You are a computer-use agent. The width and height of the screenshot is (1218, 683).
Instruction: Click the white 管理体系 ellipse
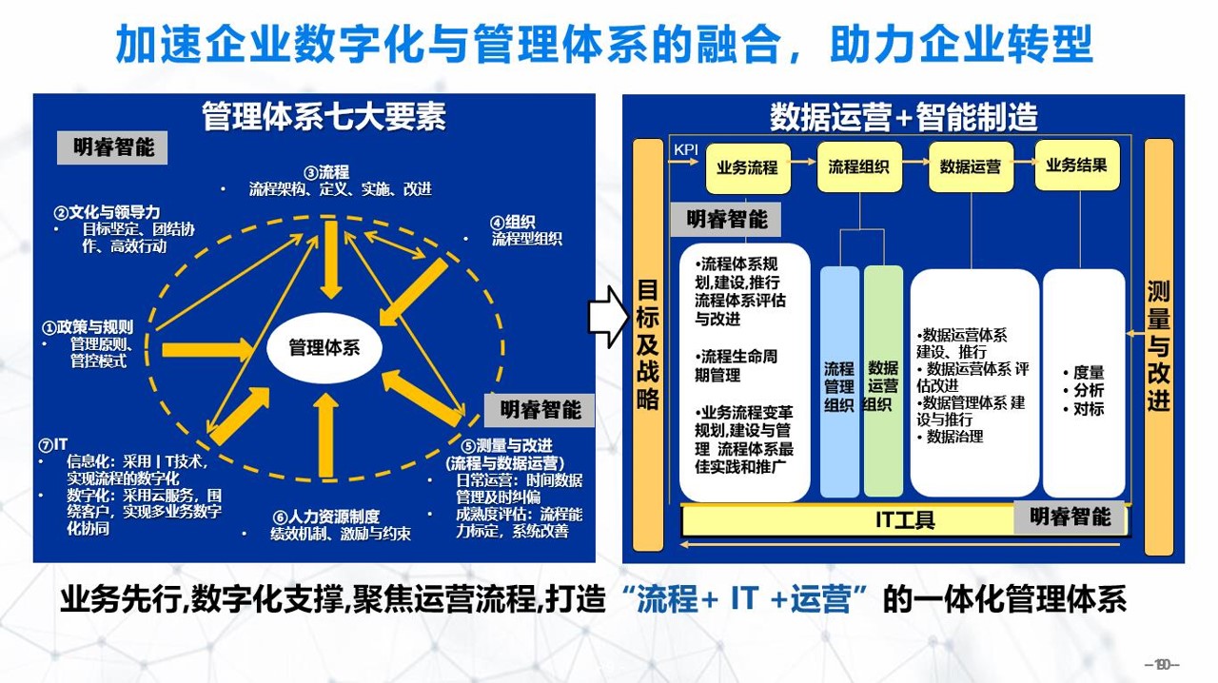[x=324, y=348]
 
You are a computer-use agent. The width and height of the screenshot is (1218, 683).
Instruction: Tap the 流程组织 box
[x=858, y=167]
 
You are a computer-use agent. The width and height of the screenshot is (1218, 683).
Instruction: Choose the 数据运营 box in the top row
[x=970, y=167]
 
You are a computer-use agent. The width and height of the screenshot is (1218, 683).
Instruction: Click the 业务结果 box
[x=1076, y=165]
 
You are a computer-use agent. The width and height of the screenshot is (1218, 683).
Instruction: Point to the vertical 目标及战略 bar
[x=648, y=344]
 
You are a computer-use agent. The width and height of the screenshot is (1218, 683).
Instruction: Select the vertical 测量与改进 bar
[x=1159, y=346]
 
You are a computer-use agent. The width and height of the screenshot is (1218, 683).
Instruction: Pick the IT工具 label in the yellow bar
[x=905, y=520]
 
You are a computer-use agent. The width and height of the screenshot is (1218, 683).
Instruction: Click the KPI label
[x=686, y=149]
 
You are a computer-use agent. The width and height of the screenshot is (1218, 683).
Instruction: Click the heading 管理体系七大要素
[x=324, y=117]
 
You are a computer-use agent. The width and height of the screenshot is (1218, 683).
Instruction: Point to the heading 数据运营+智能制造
[x=903, y=117]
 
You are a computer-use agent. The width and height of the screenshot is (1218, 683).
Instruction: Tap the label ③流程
[x=326, y=173]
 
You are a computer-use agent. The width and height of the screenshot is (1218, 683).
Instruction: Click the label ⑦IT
[x=53, y=445]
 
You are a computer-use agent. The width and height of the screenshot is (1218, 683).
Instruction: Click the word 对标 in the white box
[x=1088, y=409]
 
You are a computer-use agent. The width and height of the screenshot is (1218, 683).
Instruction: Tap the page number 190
[x=1162, y=665]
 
